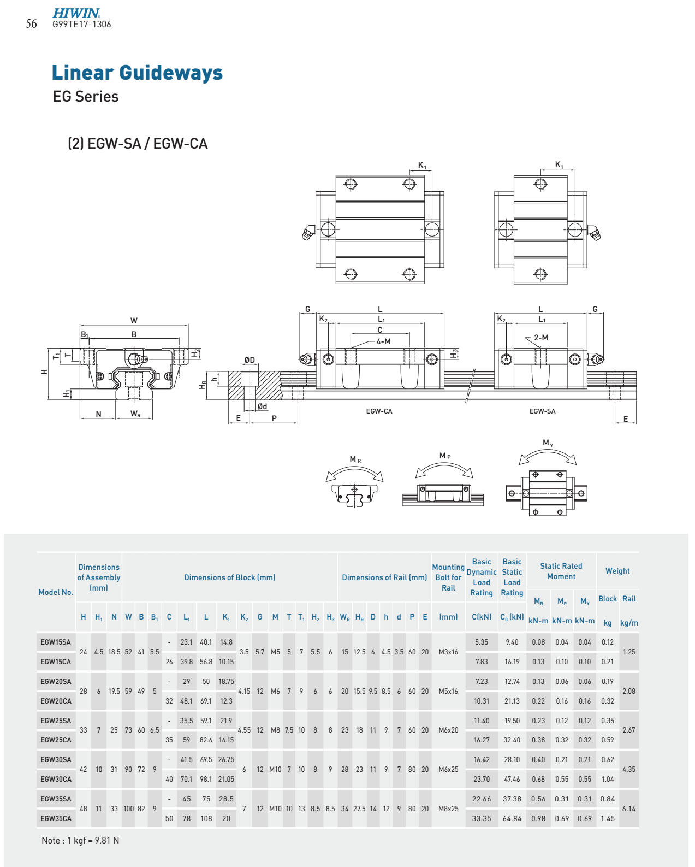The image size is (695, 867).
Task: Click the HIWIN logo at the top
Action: click(x=76, y=13)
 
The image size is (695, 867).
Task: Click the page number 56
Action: click(x=32, y=24)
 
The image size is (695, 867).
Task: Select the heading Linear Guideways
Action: click(x=138, y=73)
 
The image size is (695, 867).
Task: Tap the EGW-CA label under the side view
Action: click(x=379, y=411)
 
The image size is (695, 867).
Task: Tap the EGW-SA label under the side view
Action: click(x=542, y=411)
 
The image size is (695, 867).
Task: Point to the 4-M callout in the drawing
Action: click(x=383, y=341)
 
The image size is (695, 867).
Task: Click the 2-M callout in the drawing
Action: click(x=541, y=338)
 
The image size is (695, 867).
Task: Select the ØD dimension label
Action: click(x=250, y=360)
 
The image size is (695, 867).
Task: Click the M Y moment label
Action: click(x=548, y=443)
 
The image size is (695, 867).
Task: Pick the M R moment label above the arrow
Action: click(x=355, y=459)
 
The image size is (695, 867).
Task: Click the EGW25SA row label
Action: click(x=56, y=721)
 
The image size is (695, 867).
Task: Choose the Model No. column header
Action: click(x=56, y=592)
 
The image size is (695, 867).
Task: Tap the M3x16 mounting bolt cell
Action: click(x=448, y=652)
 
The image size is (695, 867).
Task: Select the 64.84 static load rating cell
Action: click(x=512, y=819)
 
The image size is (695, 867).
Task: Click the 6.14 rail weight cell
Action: click(x=628, y=809)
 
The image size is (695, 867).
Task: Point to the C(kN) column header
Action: click(x=482, y=617)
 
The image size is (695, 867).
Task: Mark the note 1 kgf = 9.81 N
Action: click(x=80, y=840)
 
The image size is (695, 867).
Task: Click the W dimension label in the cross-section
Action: click(x=134, y=321)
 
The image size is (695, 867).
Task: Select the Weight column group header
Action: click(x=617, y=571)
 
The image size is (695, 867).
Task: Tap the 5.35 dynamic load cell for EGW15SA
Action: click(x=481, y=642)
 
